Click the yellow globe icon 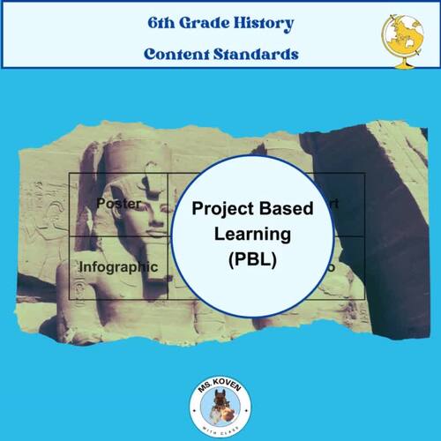tap(400, 34)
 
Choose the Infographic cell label tap(118, 265)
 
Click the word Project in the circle tap(221, 211)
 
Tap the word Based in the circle tap(286, 211)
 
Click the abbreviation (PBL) tap(252, 262)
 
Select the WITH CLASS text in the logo tap(220, 422)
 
